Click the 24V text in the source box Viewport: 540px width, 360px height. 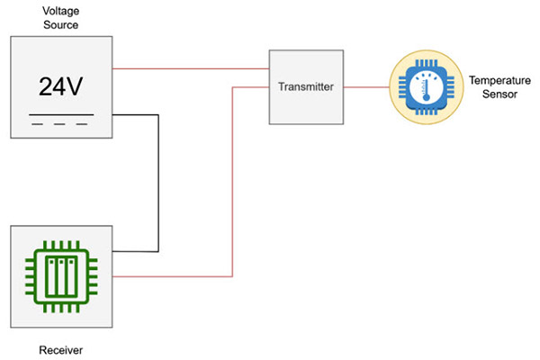pyautogui.click(x=61, y=86)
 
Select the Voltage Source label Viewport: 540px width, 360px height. pyautogui.click(x=61, y=18)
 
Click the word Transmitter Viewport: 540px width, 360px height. pyautogui.click(x=306, y=87)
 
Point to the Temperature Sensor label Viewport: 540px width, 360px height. pyautogui.click(x=493, y=87)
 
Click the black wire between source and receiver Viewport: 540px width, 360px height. pyautogui.click(x=159, y=180)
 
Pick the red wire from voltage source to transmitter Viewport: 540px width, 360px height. pyautogui.click(x=189, y=67)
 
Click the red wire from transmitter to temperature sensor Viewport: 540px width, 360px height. pyautogui.click(x=364, y=87)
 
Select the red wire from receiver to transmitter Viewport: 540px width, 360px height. pyautogui.click(x=233, y=180)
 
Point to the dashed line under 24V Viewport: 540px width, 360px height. pyautogui.click(x=61, y=125)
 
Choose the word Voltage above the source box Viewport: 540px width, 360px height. pyautogui.click(x=61, y=12)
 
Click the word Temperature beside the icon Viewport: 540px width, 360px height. pyautogui.click(x=493, y=81)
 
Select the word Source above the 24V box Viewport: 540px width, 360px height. pyautogui.click(x=61, y=25)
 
